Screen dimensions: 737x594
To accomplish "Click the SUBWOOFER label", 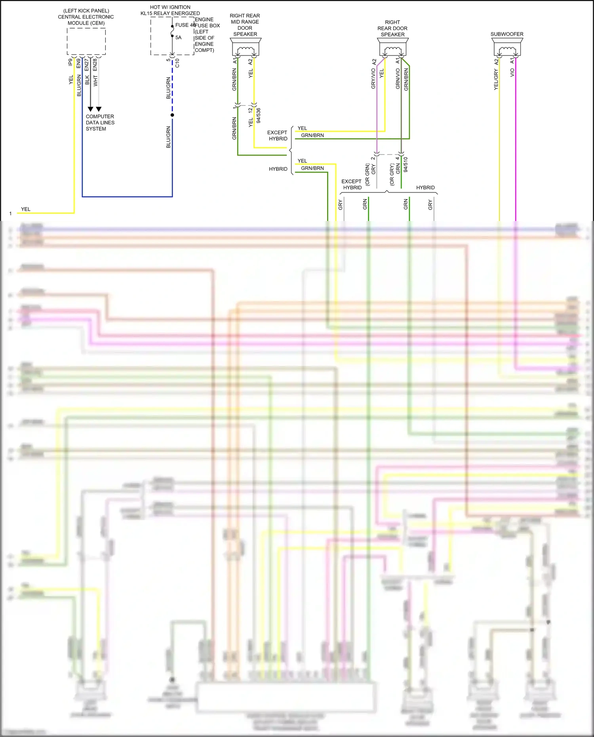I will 507,34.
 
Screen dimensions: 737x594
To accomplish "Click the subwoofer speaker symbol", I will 507,49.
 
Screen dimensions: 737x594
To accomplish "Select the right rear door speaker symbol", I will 392,49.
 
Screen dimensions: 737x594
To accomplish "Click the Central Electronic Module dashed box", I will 86,41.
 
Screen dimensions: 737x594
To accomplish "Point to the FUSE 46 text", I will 185,25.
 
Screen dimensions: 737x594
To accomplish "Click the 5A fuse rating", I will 179,38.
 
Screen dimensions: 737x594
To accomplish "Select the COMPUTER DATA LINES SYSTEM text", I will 100,123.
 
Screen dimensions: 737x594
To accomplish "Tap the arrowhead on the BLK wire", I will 90,109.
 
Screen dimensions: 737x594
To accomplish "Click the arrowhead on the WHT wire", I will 99,109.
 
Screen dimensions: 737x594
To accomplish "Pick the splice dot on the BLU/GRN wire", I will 172,115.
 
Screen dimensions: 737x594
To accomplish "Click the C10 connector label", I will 177,63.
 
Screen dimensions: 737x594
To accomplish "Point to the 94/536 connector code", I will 259,115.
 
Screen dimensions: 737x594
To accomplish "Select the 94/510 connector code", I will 406,164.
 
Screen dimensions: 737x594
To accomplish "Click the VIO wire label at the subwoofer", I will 512,72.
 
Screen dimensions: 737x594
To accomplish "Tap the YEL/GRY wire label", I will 496,79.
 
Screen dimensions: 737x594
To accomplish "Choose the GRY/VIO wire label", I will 373,78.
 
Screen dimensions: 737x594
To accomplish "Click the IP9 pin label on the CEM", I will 70,62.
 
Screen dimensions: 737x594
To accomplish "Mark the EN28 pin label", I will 95,65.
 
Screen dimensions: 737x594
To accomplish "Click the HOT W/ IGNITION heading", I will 170,7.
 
